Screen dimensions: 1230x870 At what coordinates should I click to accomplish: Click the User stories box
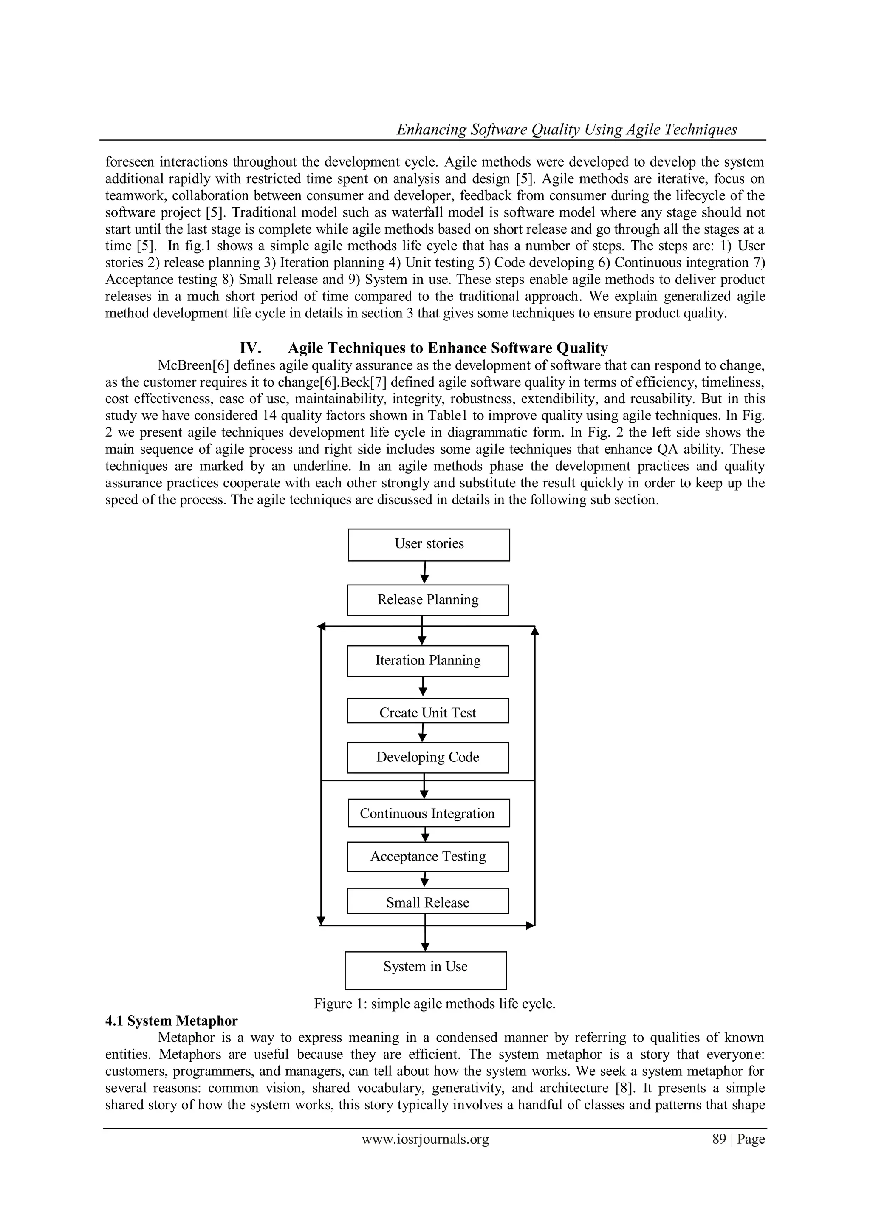pyautogui.click(x=429, y=544)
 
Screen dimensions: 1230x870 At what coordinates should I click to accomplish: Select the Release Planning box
pyautogui.click(x=427, y=600)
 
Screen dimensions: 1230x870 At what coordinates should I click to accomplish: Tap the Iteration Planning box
pyautogui.click(x=427, y=661)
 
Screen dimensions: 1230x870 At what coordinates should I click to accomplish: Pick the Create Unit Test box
pyautogui.click(x=427, y=711)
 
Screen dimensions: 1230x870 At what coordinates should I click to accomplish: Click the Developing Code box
pyautogui.click(x=427, y=757)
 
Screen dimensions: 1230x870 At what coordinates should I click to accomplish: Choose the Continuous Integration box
pyautogui.click(x=428, y=813)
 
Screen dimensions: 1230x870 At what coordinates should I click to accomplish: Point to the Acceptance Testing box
pyautogui.click(x=427, y=857)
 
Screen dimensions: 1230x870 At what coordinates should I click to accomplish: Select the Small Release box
pyautogui.click(x=427, y=903)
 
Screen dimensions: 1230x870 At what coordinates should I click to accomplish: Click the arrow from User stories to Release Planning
pyautogui.click(x=425, y=573)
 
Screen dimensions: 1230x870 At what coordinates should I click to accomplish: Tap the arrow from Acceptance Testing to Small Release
pyautogui.click(x=425, y=879)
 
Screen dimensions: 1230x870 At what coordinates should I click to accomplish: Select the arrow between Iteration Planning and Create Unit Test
pyautogui.click(x=423, y=687)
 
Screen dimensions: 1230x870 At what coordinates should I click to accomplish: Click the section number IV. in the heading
pyautogui.click(x=250, y=348)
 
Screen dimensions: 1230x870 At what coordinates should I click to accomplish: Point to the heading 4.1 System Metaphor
pyautogui.click(x=172, y=1021)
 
